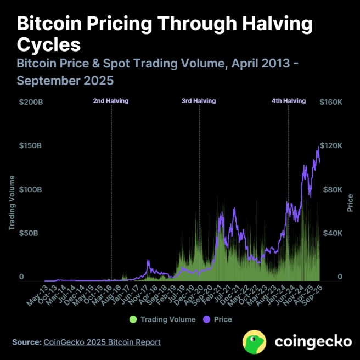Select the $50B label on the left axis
click(x=29, y=233)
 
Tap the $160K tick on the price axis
click(x=331, y=103)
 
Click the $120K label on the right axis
click(x=331, y=146)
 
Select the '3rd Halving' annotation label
click(x=199, y=101)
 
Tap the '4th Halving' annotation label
click(x=289, y=101)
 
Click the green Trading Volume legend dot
click(x=133, y=319)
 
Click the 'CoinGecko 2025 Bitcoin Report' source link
click(x=102, y=342)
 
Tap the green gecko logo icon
click(x=255, y=341)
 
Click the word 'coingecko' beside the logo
click(x=313, y=341)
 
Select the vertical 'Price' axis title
click(x=350, y=202)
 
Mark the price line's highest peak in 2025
click(x=318, y=147)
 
